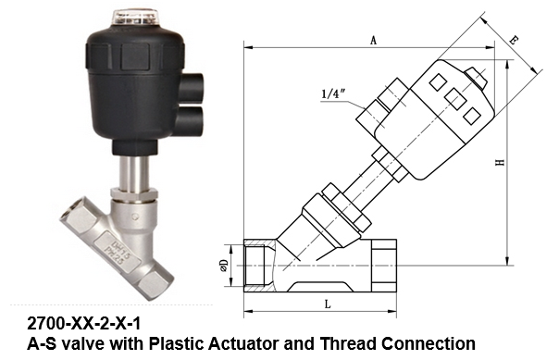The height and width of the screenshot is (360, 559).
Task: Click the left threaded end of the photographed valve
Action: (71, 217)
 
